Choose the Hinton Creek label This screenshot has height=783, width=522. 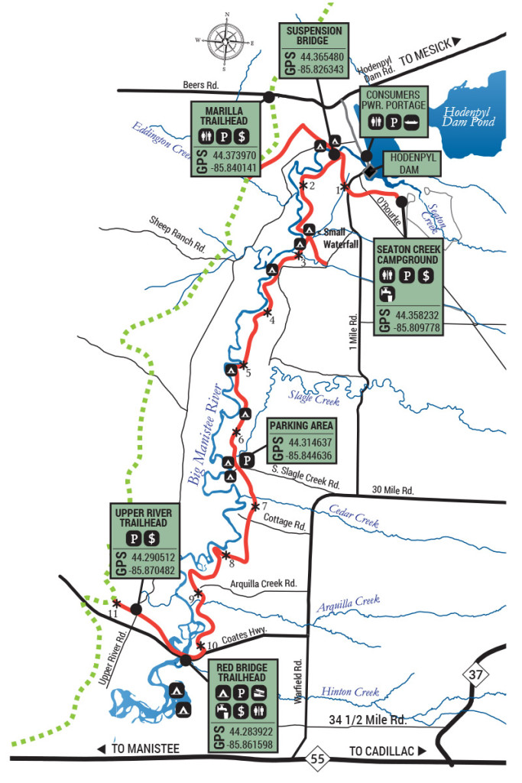(x=351, y=692)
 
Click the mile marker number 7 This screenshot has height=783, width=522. (x=264, y=507)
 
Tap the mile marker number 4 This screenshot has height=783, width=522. (x=271, y=320)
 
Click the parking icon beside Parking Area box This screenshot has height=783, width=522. (x=247, y=460)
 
